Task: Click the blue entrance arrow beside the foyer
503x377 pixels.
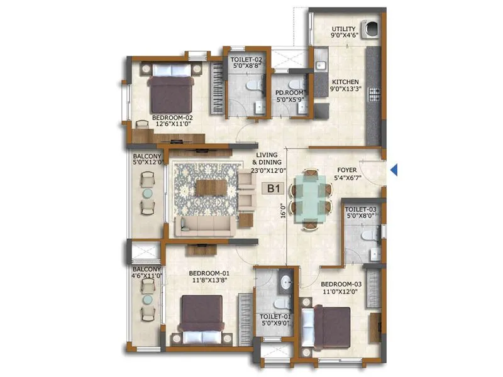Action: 394,169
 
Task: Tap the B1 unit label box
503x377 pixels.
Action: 274,188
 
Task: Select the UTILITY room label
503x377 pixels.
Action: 345,29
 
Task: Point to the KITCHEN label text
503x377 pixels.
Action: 346,82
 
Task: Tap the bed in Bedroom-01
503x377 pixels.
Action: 201,312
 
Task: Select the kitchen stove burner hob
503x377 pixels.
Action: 377,94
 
